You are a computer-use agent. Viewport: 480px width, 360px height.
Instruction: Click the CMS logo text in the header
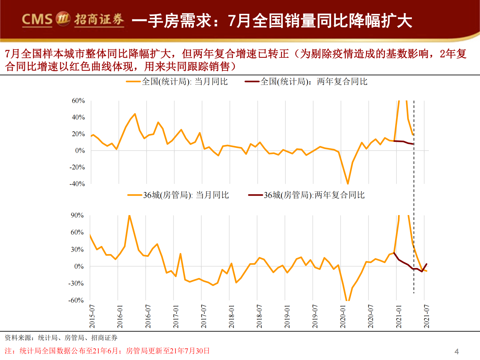point(37,20)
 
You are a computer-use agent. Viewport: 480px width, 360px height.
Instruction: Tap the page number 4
point(456,351)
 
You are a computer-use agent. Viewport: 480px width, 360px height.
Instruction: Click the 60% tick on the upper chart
point(78,101)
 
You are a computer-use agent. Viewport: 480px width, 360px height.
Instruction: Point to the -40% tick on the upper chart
point(77,184)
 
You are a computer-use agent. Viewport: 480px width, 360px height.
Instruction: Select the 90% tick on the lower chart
point(77,215)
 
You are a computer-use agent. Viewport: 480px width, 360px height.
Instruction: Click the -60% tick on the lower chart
point(76,300)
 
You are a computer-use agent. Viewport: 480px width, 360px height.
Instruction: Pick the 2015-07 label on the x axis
point(92,316)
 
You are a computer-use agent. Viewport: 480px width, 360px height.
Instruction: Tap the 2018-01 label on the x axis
point(232,316)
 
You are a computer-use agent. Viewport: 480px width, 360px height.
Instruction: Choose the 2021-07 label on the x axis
point(427,316)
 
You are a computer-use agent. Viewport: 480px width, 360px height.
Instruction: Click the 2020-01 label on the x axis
point(343,316)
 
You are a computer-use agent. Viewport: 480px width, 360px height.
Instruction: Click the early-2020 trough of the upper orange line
point(348,183)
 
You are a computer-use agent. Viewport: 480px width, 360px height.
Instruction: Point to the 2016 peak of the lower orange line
point(129,216)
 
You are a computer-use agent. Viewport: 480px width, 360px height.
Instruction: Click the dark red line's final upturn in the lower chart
point(426,264)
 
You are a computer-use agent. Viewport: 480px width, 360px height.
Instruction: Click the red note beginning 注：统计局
point(107,351)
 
